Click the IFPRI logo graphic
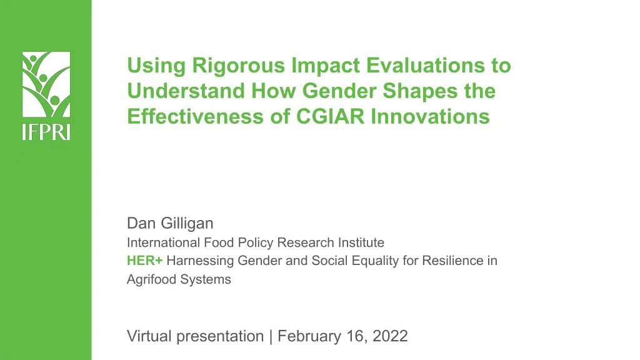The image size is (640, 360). coord(46,84)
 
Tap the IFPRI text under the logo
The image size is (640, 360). coord(46,132)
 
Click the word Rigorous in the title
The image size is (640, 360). coord(238,66)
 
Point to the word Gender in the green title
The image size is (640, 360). coord(339,91)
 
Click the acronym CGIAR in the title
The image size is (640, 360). coord(330,116)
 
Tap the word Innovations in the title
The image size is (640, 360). coord(430,116)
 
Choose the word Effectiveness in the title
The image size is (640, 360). coord(196,116)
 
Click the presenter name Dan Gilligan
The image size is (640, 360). coord(170,223)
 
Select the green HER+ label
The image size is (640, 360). coord(145,261)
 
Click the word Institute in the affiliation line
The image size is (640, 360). coord(361,242)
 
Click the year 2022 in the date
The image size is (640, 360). coord(390,336)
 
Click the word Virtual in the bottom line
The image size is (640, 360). coord(149,336)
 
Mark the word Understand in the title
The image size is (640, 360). coord(186,91)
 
